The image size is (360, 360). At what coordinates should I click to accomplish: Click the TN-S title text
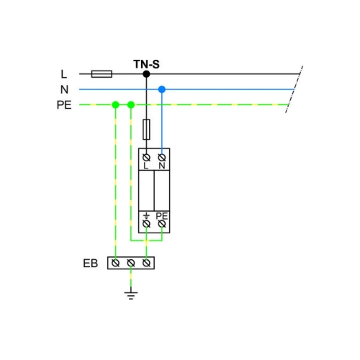point(146,64)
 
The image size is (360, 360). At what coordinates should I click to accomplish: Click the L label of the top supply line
point(63,74)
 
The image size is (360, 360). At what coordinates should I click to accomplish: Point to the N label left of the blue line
point(64,89)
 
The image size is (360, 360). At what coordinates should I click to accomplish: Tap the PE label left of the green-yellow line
point(64,105)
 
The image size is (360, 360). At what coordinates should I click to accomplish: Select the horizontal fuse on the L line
point(102,74)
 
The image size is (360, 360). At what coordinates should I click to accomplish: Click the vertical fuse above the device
point(146,130)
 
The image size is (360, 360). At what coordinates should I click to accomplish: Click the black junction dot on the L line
point(146,74)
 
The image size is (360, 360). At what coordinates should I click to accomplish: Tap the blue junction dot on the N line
point(162,89)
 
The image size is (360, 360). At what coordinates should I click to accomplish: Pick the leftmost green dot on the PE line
point(116,105)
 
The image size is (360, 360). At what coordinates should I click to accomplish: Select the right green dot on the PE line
point(131,105)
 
